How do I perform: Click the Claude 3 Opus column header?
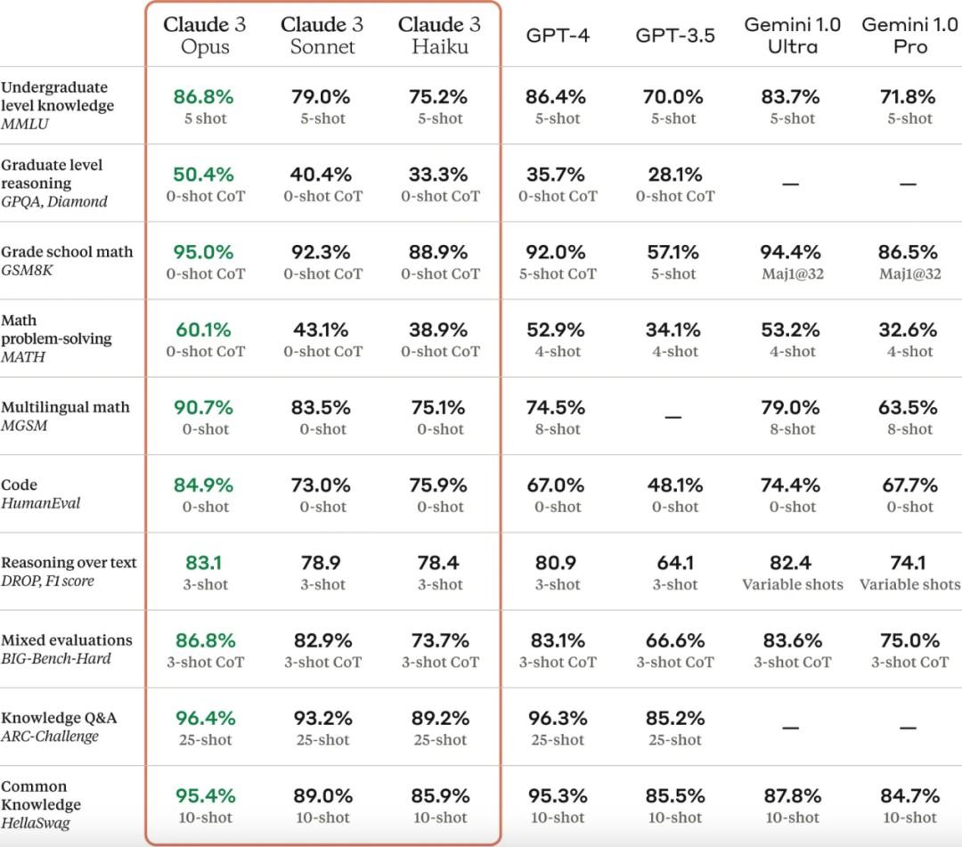pyautogui.click(x=204, y=35)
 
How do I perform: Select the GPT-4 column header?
pyautogui.click(x=558, y=36)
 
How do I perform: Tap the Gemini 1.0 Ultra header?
pyautogui.click(x=792, y=35)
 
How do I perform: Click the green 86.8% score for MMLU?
pyautogui.click(x=204, y=96)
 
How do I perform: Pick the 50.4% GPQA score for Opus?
pyautogui.click(x=204, y=174)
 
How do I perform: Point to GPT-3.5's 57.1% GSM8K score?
pyautogui.click(x=673, y=252)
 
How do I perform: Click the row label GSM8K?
pyautogui.click(x=27, y=270)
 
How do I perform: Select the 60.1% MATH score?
pyautogui.click(x=204, y=330)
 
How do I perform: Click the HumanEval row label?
pyautogui.click(x=41, y=503)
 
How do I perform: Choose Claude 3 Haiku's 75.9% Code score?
pyautogui.click(x=439, y=485)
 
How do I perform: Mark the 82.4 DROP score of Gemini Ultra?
pyautogui.click(x=791, y=563)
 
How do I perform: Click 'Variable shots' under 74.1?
pyautogui.click(x=909, y=584)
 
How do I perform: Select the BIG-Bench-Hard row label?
pyautogui.click(x=56, y=658)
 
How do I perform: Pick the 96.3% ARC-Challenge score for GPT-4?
pyautogui.click(x=557, y=718)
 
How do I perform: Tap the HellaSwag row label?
pyautogui.click(x=36, y=823)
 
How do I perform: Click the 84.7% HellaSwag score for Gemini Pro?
pyautogui.click(x=909, y=795)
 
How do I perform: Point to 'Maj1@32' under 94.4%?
pyautogui.click(x=792, y=273)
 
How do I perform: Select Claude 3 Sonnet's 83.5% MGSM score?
pyautogui.click(x=322, y=408)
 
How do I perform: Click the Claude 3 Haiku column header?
pyautogui.click(x=439, y=35)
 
